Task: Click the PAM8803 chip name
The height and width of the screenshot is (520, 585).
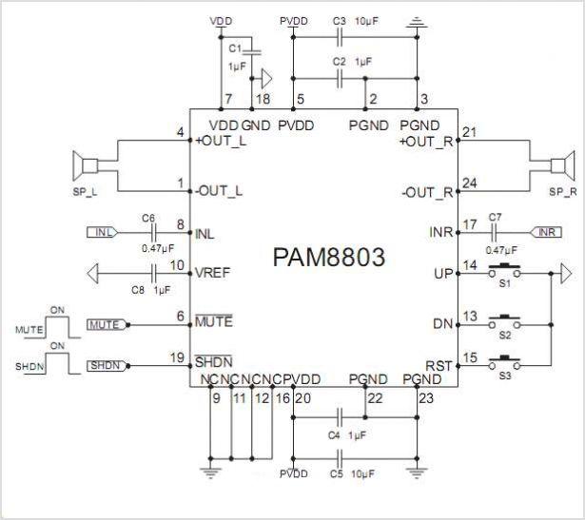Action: pyautogui.click(x=328, y=258)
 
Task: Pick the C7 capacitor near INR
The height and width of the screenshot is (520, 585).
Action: pyautogui.click(x=494, y=232)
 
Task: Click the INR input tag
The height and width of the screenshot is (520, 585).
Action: pyautogui.click(x=542, y=232)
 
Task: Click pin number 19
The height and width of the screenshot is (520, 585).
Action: pyautogui.click(x=177, y=357)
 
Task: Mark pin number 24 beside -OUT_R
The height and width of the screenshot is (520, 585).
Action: pyautogui.click(x=468, y=182)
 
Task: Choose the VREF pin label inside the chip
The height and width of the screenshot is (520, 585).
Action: pyautogui.click(x=213, y=272)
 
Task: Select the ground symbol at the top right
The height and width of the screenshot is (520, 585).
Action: pyautogui.click(x=416, y=21)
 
